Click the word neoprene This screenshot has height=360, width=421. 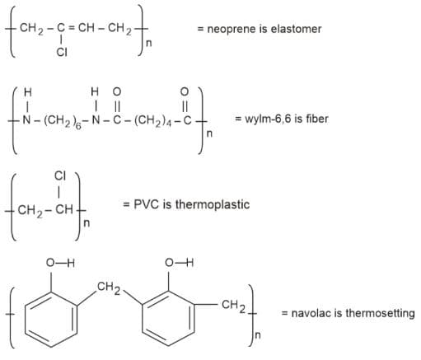pyautogui.click(x=232, y=30)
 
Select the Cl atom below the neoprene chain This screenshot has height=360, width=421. pyautogui.click(x=62, y=52)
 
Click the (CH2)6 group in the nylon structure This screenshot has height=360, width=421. pyautogui.click(x=62, y=121)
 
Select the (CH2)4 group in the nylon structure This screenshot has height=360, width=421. pyautogui.click(x=152, y=121)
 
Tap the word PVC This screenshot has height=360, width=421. pyautogui.click(x=146, y=204)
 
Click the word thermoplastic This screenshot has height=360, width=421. pyautogui.click(x=213, y=205)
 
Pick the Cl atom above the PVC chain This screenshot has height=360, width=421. pyautogui.click(x=60, y=175)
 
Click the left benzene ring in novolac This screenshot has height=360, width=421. pyautogui.click(x=51, y=319)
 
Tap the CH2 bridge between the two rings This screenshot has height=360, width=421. pyautogui.click(x=109, y=288)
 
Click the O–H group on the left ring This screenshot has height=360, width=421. pyautogui.click(x=60, y=263)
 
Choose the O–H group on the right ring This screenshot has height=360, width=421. pyautogui.click(x=179, y=263)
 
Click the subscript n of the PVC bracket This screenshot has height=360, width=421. pyautogui.click(x=87, y=223)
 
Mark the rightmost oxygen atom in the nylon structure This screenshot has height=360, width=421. pyautogui.click(x=185, y=91)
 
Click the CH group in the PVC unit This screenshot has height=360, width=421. pyautogui.click(x=64, y=210)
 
